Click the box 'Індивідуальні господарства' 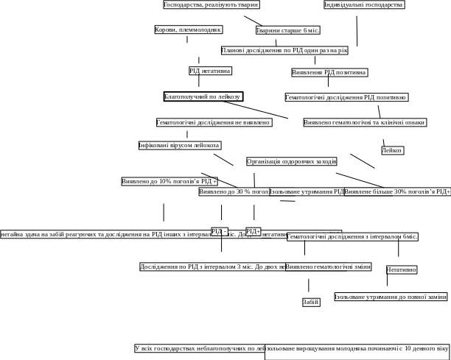(x=364, y=5)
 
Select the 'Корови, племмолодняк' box (x=188, y=30)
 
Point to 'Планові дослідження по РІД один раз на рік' (x=284, y=51)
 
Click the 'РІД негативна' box (x=210, y=71)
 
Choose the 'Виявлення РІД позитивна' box (x=329, y=73)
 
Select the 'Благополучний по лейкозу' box (x=203, y=96)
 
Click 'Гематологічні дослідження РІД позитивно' (x=346, y=97)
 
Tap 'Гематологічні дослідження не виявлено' (x=214, y=122)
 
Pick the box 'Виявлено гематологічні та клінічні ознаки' (x=365, y=122)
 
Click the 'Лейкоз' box (x=393, y=150)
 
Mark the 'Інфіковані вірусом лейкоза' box (x=179, y=145)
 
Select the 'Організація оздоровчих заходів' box (x=292, y=161)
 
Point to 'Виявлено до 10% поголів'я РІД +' (x=169, y=181)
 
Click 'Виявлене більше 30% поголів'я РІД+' (x=398, y=191)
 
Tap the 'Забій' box (x=311, y=302)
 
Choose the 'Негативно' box (x=402, y=270)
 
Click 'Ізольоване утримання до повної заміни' (x=391, y=297)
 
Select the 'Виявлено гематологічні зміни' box (x=329, y=267)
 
